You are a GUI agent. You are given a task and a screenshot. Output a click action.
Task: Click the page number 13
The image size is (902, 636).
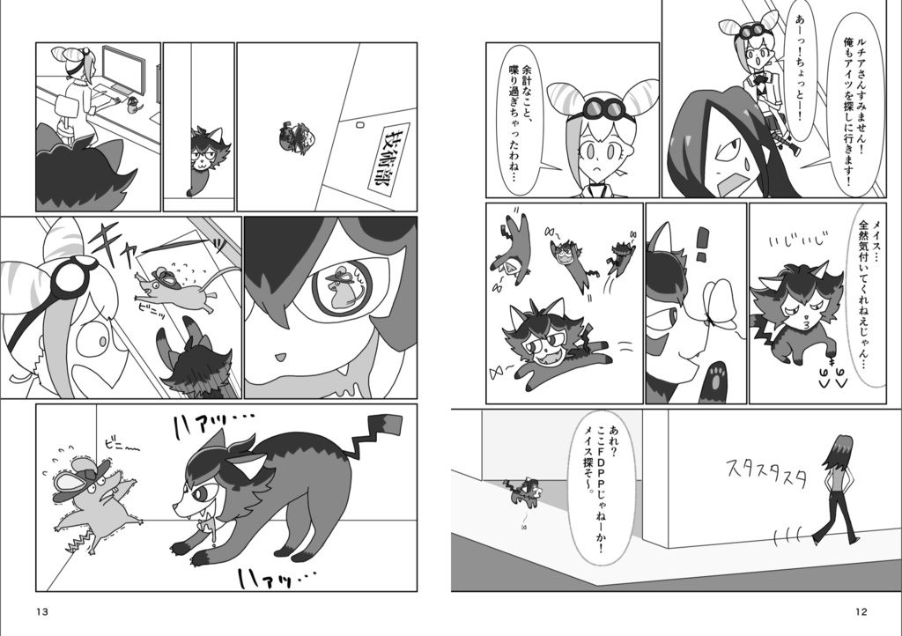pyautogui.click(x=42, y=612)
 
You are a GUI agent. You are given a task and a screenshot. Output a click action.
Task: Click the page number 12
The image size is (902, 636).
pyautogui.click(x=862, y=612)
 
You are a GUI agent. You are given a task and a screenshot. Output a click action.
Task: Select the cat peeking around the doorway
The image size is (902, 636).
pyautogui.click(x=207, y=154)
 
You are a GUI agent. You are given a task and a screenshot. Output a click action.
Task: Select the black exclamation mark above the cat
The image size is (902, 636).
pyautogui.click(x=702, y=243)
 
